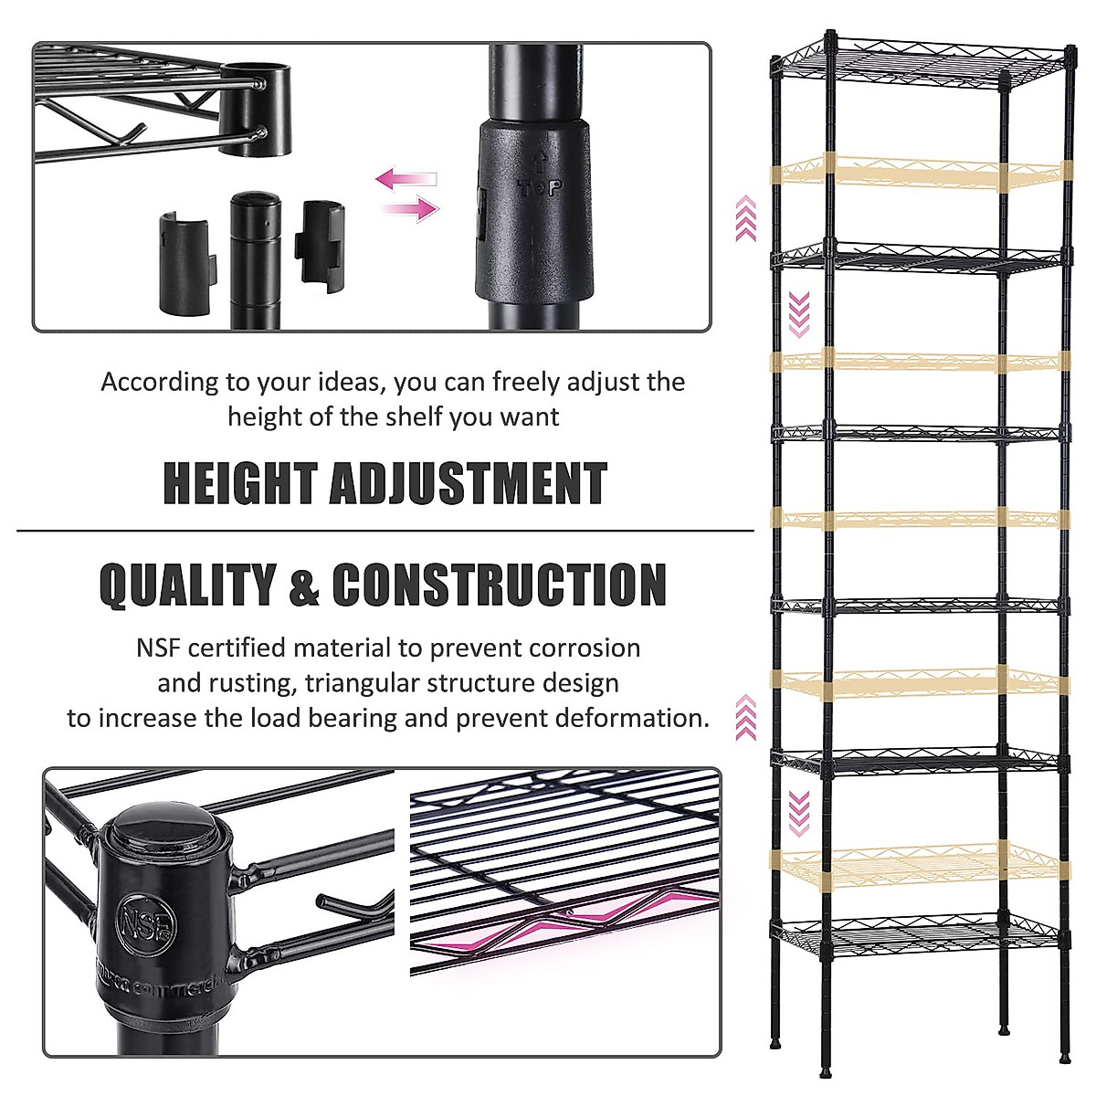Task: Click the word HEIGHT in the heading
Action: (239, 484)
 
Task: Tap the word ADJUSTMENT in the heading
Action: (468, 484)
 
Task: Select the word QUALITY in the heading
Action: (187, 585)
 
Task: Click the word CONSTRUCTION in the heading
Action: (499, 585)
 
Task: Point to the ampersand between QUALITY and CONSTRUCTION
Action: (304, 586)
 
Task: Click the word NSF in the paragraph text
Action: (159, 648)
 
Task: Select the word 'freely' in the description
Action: (524, 382)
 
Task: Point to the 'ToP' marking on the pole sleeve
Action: (539, 187)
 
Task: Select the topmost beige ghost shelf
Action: (918, 172)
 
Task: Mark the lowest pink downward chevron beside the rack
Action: (799, 813)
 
